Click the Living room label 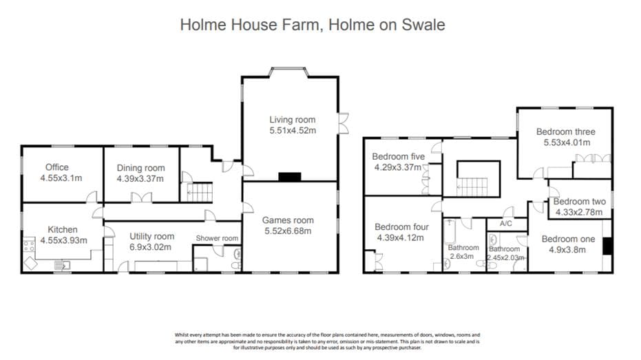pyautogui.click(x=293, y=120)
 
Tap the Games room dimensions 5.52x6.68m pyautogui.click(x=288, y=231)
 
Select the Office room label pyautogui.click(x=57, y=167)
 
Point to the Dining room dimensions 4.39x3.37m pyautogui.click(x=140, y=178)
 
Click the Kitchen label pyautogui.click(x=63, y=230)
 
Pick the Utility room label pyautogui.click(x=151, y=236)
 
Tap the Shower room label pyautogui.click(x=217, y=238)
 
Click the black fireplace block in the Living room pyautogui.click(x=290, y=177)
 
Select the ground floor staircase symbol pyautogui.click(x=200, y=193)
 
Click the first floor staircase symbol pyautogui.click(x=472, y=187)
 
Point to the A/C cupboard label pyautogui.click(x=505, y=224)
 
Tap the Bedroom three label pyautogui.click(x=566, y=131)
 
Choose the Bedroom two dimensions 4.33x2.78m pyautogui.click(x=579, y=212)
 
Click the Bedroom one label pyautogui.click(x=568, y=239)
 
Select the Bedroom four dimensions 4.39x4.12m pyautogui.click(x=400, y=237)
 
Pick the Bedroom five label pyautogui.click(x=398, y=156)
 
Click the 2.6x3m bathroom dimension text pyautogui.click(x=461, y=256)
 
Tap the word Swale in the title pyautogui.click(x=423, y=25)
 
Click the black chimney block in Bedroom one pyautogui.click(x=607, y=246)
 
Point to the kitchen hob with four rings pyautogui.click(x=29, y=246)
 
